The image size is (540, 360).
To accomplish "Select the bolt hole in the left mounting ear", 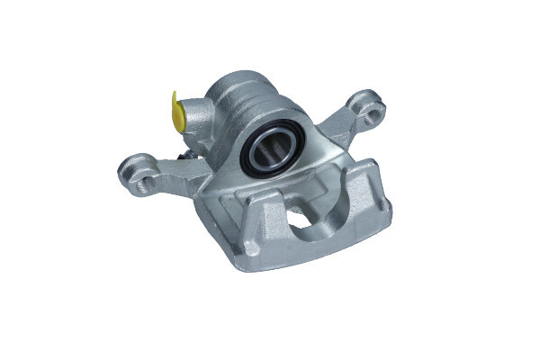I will tap(137, 166).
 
